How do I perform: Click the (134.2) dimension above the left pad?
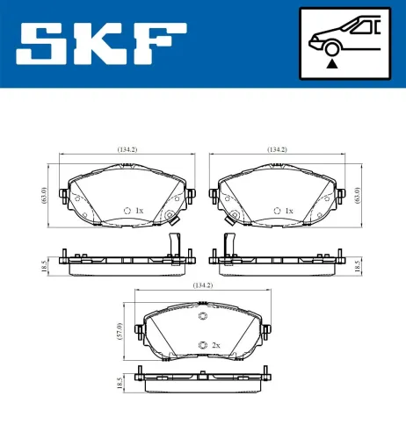(x=127, y=149)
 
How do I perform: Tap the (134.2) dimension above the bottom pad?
(x=203, y=285)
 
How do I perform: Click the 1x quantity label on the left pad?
(x=139, y=211)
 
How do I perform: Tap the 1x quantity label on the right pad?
(x=289, y=211)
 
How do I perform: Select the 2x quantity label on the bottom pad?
(x=215, y=346)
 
